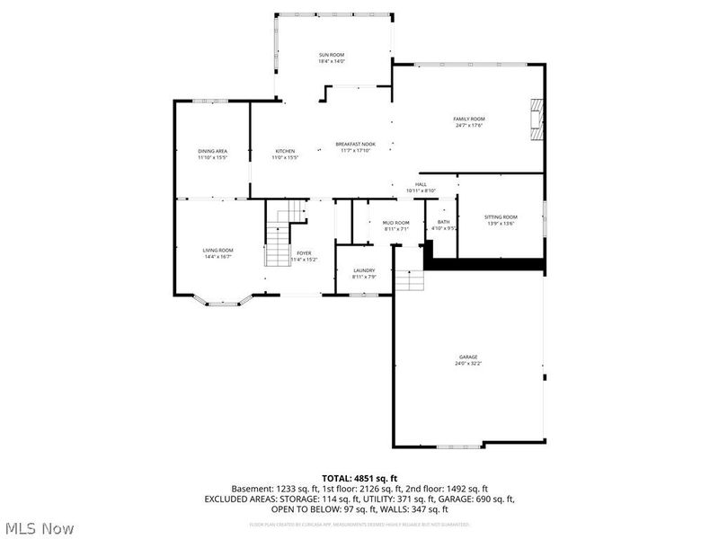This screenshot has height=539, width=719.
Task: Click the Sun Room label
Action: click(x=331, y=55)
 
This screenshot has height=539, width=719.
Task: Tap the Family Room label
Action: click(x=469, y=119)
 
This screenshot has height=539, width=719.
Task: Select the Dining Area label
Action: click(x=212, y=151)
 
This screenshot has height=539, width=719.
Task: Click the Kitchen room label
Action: click(x=285, y=151)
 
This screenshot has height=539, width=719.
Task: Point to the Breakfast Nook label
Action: click(x=356, y=144)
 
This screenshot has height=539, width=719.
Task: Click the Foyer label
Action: click(x=304, y=253)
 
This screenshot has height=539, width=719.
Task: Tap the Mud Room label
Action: click(x=396, y=223)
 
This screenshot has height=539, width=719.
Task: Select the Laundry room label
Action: click(x=364, y=269)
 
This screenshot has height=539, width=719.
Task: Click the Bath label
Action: click(x=444, y=222)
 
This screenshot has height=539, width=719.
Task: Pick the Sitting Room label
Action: click(x=501, y=216)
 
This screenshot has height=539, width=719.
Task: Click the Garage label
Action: click(x=468, y=357)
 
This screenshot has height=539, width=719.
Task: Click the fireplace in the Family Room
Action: click(x=537, y=118)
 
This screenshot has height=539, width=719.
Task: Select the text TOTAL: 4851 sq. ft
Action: click(x=359, y=477)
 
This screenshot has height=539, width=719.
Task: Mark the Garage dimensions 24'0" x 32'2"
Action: click(x=468, y=364)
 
